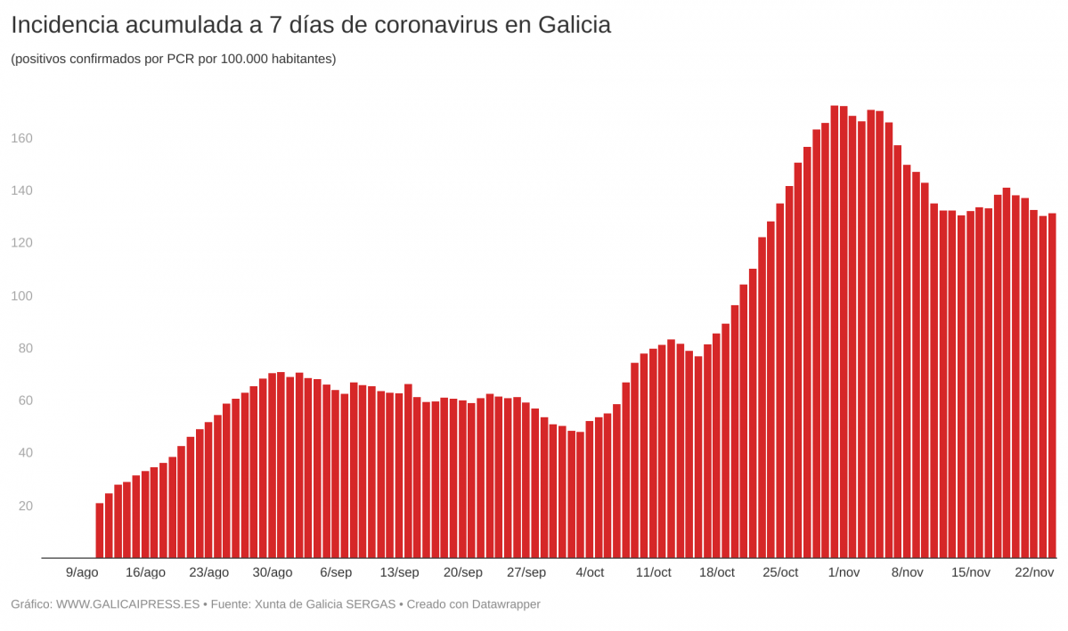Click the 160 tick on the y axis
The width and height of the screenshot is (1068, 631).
(21, 138)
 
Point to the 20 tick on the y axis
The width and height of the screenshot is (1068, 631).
(25, 506)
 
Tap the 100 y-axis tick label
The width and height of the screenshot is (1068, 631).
(21, 295)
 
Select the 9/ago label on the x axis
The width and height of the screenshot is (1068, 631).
(82, 572)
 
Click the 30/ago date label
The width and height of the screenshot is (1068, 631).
(273, 572)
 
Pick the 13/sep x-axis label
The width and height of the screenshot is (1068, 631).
(399, 572)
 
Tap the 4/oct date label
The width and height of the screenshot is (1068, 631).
(590, 572)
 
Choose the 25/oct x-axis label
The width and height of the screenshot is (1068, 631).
(780, 572)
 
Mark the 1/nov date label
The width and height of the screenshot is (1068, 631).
(844, 572)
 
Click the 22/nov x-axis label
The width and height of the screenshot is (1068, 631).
(1034, 572)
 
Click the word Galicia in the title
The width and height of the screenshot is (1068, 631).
(575, 25)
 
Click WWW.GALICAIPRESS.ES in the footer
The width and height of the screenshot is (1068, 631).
(127, 604)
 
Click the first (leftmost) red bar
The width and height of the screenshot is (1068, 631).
(100, 531)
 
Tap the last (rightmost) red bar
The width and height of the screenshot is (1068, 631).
(1052, 386)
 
